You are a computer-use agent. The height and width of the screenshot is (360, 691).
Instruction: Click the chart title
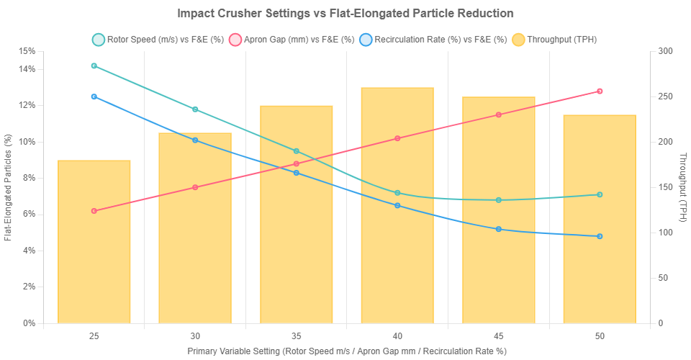345,13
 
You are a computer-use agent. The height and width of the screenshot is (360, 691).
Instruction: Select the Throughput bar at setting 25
94,241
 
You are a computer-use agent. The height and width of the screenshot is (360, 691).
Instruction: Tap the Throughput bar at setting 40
397,205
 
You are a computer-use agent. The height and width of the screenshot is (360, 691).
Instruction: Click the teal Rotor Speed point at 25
94,66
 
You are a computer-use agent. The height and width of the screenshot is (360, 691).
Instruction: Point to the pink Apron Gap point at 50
600,91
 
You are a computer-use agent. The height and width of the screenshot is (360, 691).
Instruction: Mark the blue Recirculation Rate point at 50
600,236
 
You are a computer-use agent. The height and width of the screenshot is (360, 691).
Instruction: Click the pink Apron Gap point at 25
94,211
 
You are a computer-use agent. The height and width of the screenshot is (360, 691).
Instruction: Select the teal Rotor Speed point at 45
498,200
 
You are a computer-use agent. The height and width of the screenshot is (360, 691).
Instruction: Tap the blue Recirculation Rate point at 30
195,140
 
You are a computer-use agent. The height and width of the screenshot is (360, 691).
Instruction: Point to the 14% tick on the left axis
27,69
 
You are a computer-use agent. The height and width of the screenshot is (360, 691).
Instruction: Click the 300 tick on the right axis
664,51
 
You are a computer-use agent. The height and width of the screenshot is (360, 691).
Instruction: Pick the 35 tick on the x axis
296,336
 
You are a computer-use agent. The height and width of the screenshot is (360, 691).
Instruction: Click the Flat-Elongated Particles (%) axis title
8,186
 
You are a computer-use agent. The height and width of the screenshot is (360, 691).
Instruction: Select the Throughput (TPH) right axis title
682,186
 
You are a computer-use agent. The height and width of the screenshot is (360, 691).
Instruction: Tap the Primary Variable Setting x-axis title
347,351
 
